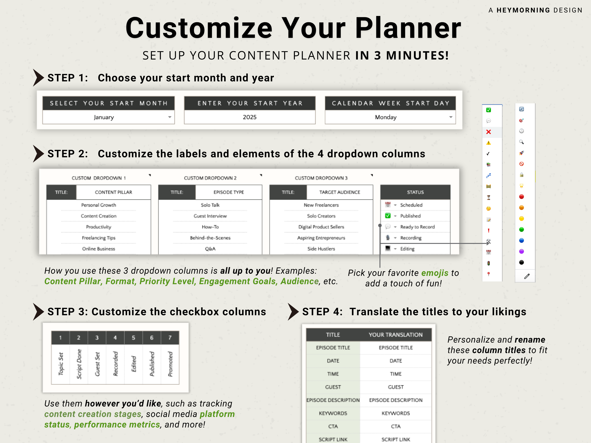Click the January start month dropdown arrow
170,117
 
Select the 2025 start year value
250,117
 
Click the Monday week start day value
385,117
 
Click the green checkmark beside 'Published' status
388,216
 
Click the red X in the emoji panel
488,132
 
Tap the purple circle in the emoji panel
521,252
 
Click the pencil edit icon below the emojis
527,276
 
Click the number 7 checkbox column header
170,338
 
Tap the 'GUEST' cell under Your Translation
396,387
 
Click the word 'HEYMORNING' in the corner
523,10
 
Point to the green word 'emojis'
435,273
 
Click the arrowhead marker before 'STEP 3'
38,312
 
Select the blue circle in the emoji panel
521,241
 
